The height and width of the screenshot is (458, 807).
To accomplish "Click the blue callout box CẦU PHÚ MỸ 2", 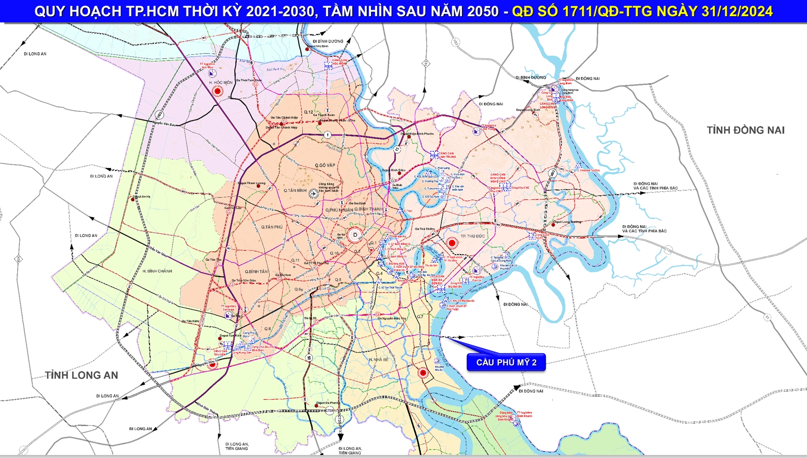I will (x=506, y=362).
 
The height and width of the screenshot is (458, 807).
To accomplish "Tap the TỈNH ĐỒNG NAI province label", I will (x=745, y=131).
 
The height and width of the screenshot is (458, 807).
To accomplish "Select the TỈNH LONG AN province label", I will (x=81, y=376).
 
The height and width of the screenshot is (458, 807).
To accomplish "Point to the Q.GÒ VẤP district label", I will (x=325, y=165).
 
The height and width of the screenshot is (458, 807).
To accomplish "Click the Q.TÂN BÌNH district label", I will (x=295, y=191).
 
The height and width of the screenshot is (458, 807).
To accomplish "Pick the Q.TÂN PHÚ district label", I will (x=272, y=227).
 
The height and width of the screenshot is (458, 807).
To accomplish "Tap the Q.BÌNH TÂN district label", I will (x=256, y=272).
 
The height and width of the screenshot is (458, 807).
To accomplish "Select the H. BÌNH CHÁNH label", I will (x=157, y=271).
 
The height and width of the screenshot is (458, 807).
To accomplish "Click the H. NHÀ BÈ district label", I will (x=378, y=360).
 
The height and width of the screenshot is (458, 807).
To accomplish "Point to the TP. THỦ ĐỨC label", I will (x=472, y=236).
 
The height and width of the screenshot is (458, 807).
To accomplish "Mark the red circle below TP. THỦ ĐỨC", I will (x=452, y=243).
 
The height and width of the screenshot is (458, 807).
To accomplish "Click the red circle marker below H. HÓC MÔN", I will (x=218, y=91).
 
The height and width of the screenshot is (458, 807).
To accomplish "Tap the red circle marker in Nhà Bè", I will (x=423, y=373).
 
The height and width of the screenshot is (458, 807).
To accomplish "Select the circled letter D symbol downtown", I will (x=355, y=235).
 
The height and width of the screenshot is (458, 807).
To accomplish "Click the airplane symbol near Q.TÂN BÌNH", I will (x=314, y=193).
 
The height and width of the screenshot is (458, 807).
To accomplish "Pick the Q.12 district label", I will (x=308, y=112).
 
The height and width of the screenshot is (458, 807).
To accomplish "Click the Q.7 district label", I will (x=420, y=317).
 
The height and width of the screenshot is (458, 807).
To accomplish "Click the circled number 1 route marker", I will (x=327, y=135).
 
